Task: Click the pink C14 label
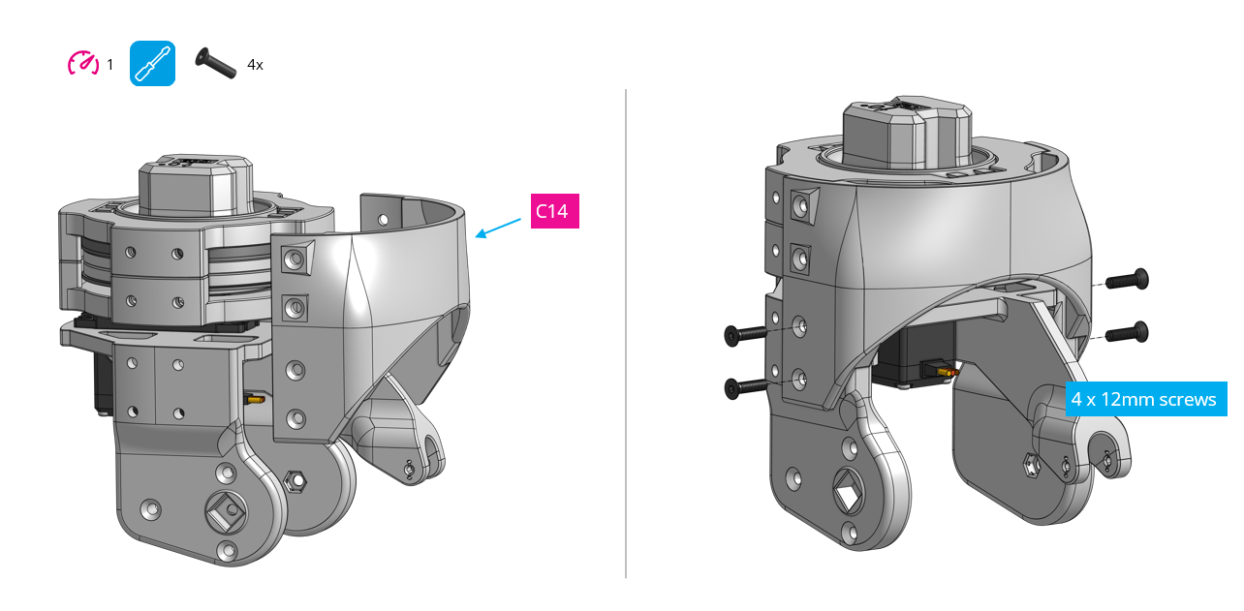pos(552,211)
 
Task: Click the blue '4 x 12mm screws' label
pos(1145,399)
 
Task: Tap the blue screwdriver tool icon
pos(152,64)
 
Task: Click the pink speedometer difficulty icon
pos(82,64)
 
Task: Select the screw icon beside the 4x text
pos(216,64)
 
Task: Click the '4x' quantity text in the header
pos(255,65)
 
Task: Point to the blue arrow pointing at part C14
pos(499,226)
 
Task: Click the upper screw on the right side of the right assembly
pos(1128,281)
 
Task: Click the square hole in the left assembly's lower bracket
pos(224,509)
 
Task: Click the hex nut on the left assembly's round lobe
pos(297,480)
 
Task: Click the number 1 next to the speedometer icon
pos(110,65)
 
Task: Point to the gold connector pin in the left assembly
pos(256,398)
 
